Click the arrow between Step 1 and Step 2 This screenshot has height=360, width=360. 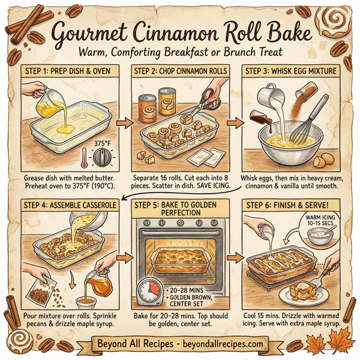point(122,124)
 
